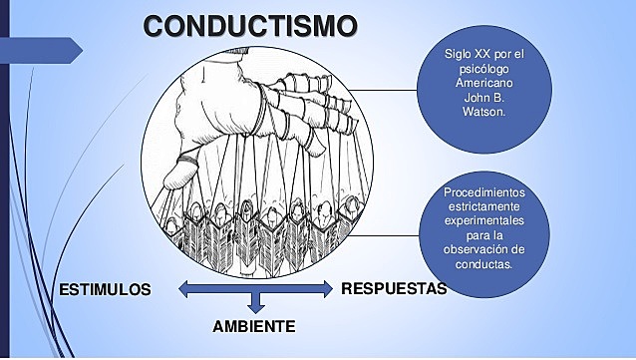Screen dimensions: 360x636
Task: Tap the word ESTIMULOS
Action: tap(105, 290)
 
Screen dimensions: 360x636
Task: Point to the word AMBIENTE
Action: tap(254, 327)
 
